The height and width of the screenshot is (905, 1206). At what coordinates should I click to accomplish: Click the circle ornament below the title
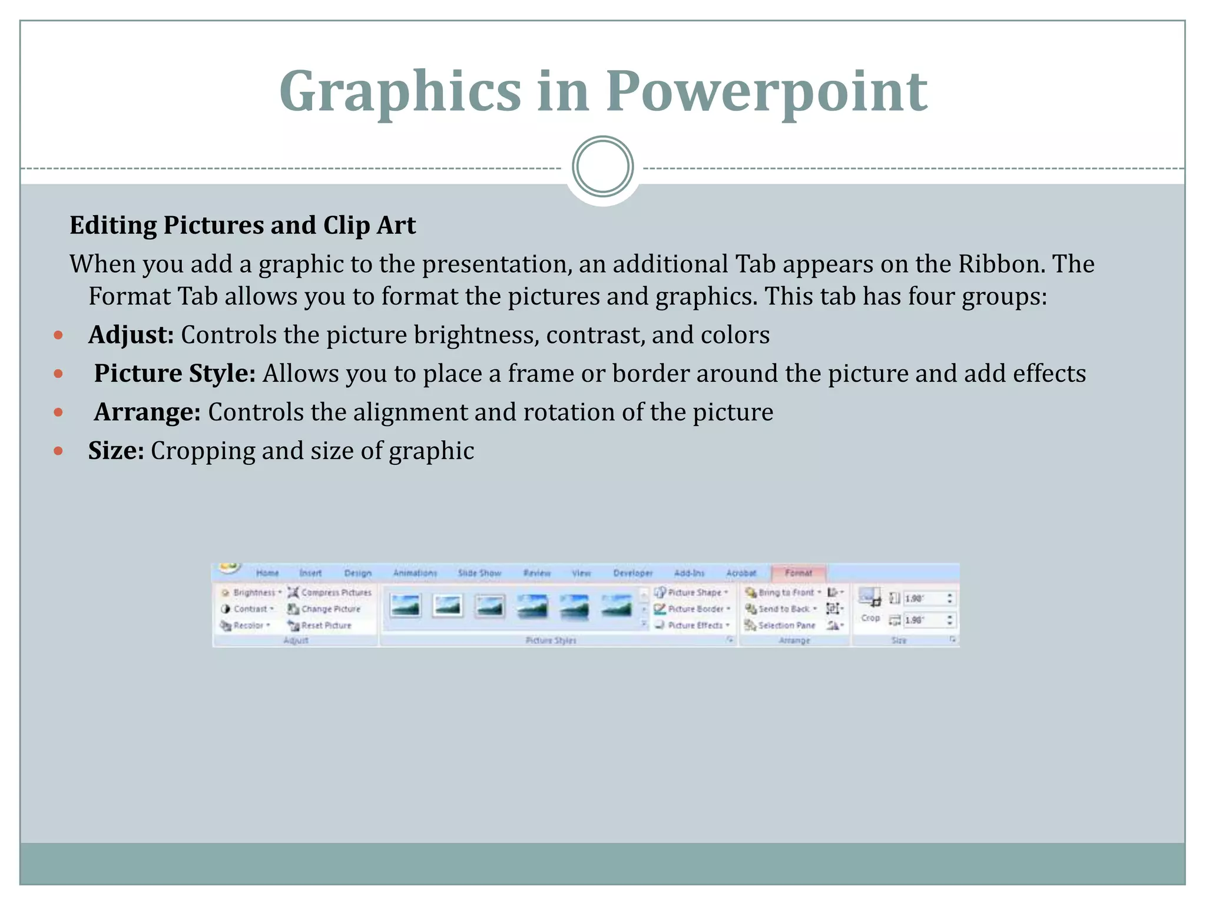tap(602, 167)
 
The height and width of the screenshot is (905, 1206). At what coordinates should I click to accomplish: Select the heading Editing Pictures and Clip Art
tap(243, 226)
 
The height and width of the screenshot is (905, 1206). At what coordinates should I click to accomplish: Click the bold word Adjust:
tap(131, 335)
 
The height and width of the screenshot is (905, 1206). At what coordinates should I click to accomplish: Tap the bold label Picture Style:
tap(174, 374)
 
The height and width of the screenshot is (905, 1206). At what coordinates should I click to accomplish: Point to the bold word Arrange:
tap(147, 412)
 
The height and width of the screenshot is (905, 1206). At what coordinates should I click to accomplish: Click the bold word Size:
tap(116, 451)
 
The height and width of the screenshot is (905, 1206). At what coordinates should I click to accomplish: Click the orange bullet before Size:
tap(58, 451)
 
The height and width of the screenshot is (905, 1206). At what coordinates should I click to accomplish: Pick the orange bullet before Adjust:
tap(58, 335)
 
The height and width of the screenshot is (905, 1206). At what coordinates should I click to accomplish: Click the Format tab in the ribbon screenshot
tap(798, 573)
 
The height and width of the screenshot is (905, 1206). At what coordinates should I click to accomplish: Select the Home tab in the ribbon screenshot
tap(267, 573)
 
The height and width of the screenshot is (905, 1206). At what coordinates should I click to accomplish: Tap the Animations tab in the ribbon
tap(415, 573)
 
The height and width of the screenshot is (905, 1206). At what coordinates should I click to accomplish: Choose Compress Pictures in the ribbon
tap(330, 592)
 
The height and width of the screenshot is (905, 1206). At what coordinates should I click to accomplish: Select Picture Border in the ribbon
tap(693, 609)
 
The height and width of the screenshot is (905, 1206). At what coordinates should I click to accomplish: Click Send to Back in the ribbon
tap(781, 609)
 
